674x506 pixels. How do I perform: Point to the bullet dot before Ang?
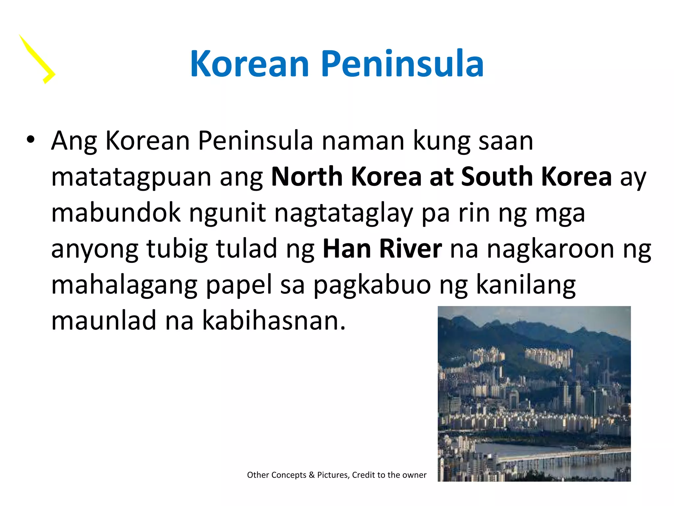31,140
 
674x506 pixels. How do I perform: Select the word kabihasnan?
274,321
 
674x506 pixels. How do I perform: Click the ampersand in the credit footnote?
312,475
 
